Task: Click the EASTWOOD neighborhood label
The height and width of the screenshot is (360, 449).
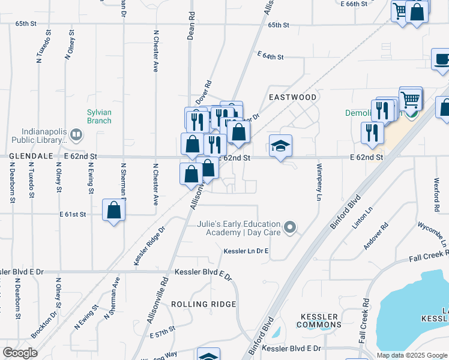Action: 292,97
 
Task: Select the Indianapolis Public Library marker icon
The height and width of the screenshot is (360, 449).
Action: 76,134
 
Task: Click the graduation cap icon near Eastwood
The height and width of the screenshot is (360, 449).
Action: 280,146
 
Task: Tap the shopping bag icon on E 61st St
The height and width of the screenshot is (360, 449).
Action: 113,211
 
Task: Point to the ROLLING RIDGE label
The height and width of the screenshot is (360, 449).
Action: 203,304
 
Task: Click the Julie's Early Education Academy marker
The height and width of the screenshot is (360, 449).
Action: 291,227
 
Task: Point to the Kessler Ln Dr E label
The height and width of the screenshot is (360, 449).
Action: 246,251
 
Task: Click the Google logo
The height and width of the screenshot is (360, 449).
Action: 20,353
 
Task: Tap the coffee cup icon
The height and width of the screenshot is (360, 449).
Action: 442,60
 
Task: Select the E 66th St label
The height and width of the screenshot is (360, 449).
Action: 353,4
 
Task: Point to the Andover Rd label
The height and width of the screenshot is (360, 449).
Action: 376,237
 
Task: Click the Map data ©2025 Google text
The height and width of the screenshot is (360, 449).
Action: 412,355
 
